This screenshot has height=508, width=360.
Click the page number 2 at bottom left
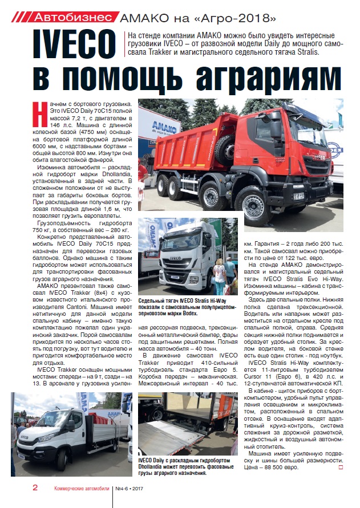[x=35, y=488]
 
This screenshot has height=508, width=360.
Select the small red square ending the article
[x=341, y=468]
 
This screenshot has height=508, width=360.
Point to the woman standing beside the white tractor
[x=218, y=277]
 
